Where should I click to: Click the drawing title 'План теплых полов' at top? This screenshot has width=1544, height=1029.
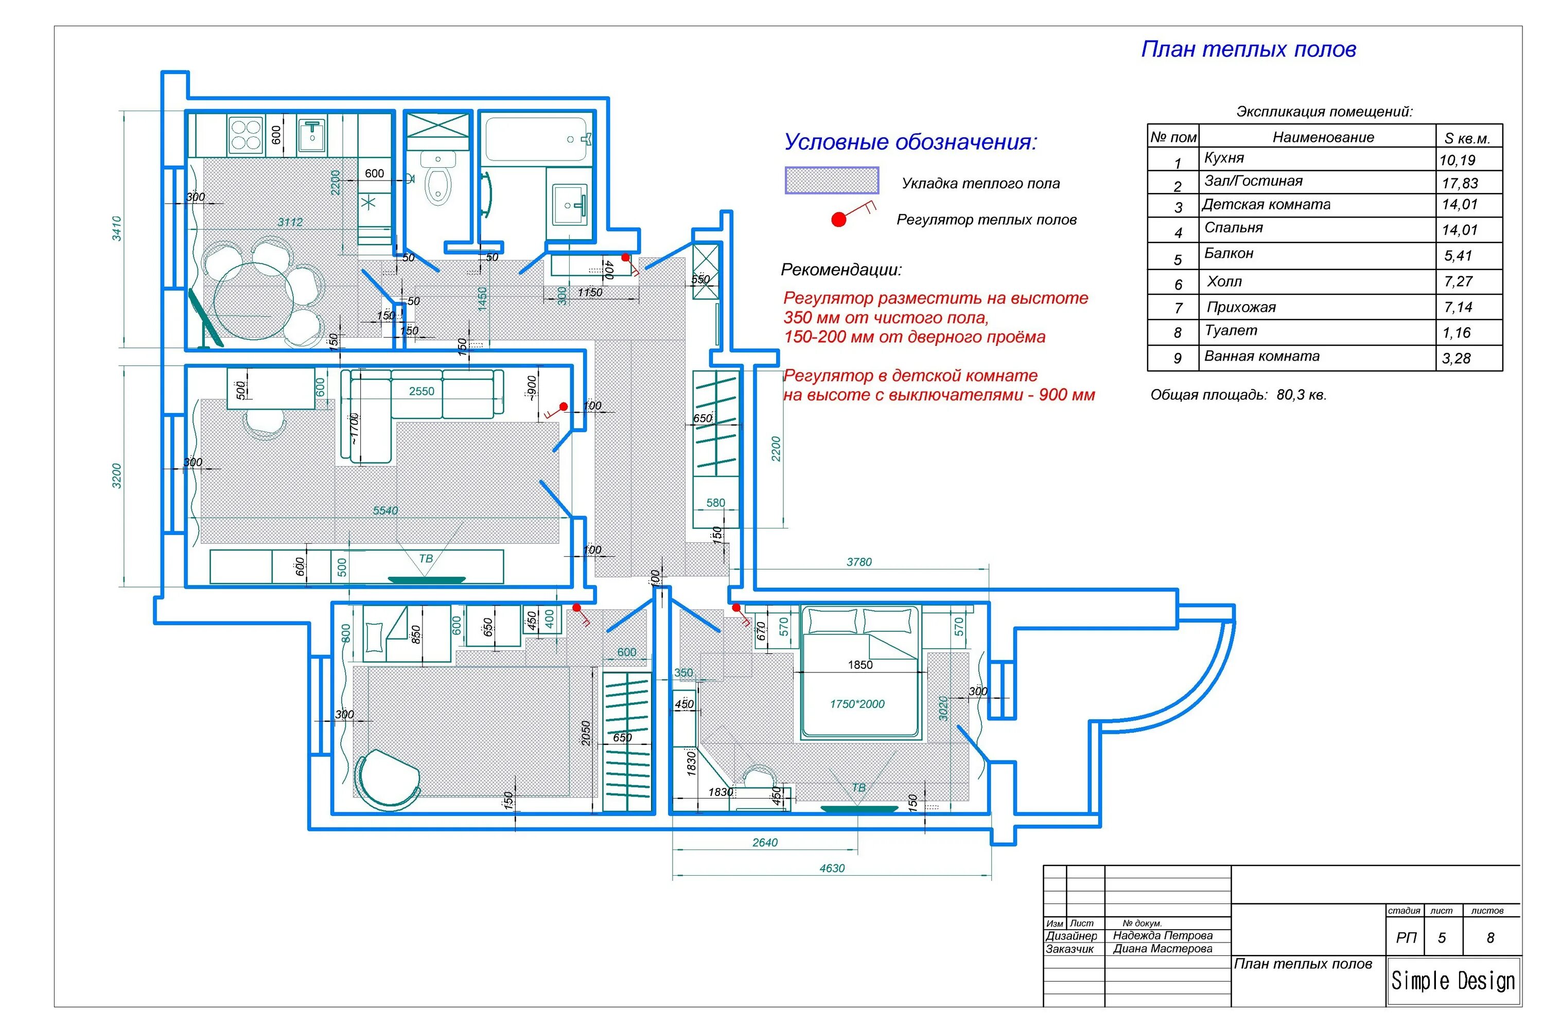click(1248, 49)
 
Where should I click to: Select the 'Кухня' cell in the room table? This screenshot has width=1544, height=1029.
click(1224, 158)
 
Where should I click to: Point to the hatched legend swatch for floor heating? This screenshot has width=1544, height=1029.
click(832, 181)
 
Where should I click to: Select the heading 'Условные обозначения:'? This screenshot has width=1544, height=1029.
click(910, 142)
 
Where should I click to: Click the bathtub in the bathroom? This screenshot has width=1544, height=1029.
click(536, 139)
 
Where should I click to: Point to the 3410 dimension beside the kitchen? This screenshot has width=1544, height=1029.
click(117, 228)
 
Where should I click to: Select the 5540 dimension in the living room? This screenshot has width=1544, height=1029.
click(385, 510)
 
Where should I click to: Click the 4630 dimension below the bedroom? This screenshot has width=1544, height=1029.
click(832, 868)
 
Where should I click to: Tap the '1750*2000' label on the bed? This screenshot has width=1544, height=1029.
click(857, 704)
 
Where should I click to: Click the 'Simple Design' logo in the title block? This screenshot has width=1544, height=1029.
click(1453, 981)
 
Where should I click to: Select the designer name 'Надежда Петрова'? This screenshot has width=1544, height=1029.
click(1163, 935)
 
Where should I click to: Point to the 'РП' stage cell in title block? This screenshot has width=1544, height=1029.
click(1406, 938)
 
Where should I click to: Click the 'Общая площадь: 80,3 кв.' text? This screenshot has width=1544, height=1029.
click(1238, 395)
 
